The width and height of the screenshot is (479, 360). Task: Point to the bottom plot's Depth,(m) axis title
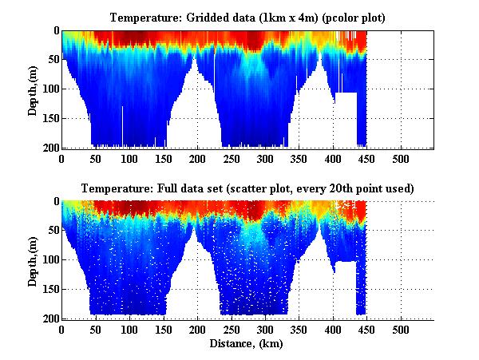tap(33, 259)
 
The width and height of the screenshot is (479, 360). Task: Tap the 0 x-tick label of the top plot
tap(61, 158)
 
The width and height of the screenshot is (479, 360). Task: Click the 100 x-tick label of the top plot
tap(129, 158)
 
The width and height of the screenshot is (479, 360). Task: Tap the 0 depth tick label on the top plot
tap(55, 31)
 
